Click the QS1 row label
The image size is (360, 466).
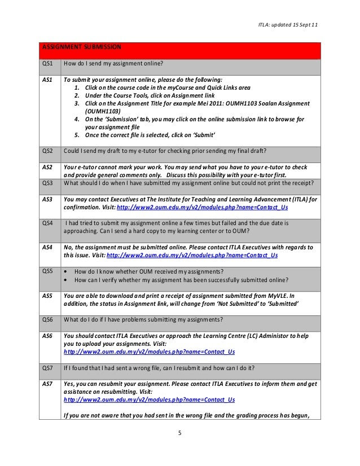(49, 64)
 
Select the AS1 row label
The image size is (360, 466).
(48, 80)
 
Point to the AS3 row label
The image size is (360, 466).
(48, 199)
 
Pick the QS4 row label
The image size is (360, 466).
(49, 223)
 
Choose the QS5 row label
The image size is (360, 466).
(49, 271)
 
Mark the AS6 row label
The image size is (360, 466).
(48, 336)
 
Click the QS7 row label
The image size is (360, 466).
(49, 368)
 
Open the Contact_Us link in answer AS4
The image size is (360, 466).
(192, 255)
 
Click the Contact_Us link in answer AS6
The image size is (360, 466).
(149, 351)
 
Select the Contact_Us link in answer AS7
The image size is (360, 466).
(149, 399)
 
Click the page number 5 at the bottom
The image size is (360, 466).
(179, 433)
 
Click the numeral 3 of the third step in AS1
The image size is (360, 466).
(76, 104)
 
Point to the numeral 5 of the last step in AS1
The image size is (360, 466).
(76, 135)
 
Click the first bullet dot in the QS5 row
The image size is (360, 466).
(68, 271)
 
